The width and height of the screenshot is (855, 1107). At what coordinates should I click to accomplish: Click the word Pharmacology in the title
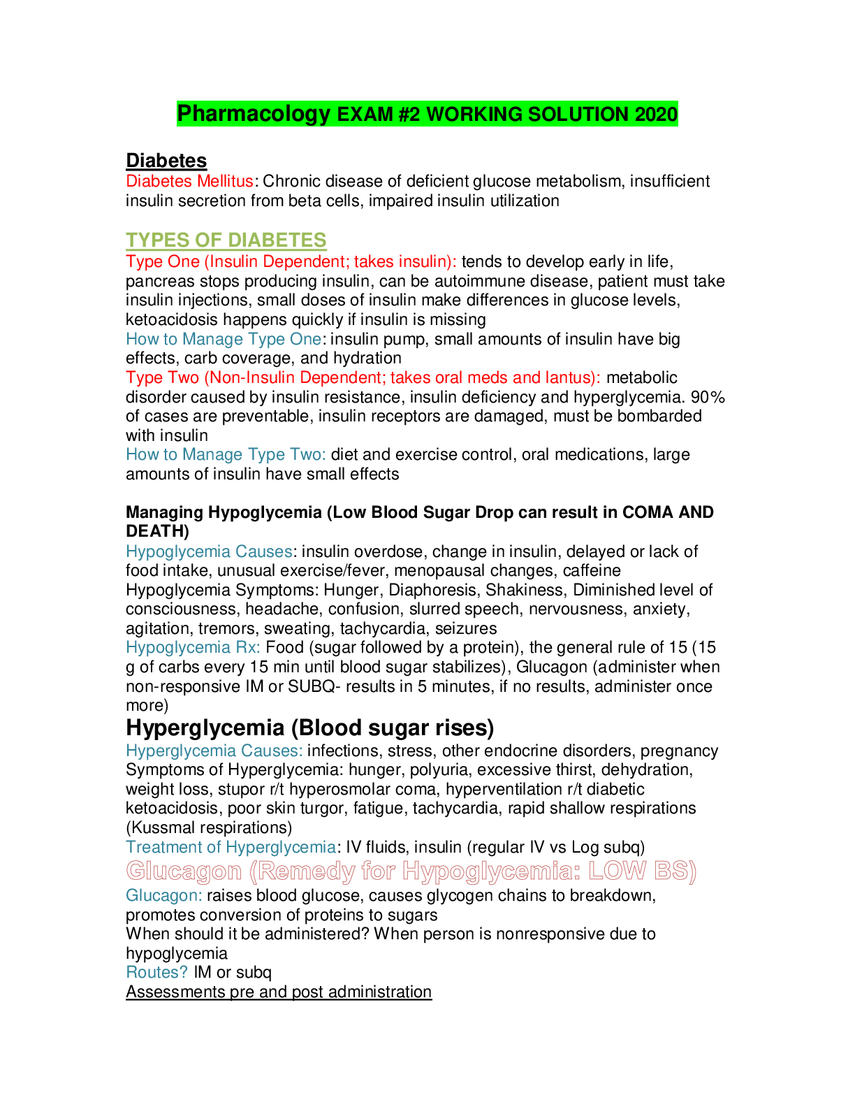[254, 113]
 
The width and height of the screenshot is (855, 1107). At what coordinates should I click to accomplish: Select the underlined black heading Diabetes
[166, 161]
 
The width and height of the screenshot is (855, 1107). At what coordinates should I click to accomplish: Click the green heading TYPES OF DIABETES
[226, 240]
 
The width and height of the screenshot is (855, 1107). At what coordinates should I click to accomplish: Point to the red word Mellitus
[224, 182]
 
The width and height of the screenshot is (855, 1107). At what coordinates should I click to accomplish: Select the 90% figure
[708, 398]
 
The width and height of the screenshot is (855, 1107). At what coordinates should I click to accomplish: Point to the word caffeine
[592, 571]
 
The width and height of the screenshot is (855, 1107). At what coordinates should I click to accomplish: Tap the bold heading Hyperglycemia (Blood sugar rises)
[309, 728]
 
